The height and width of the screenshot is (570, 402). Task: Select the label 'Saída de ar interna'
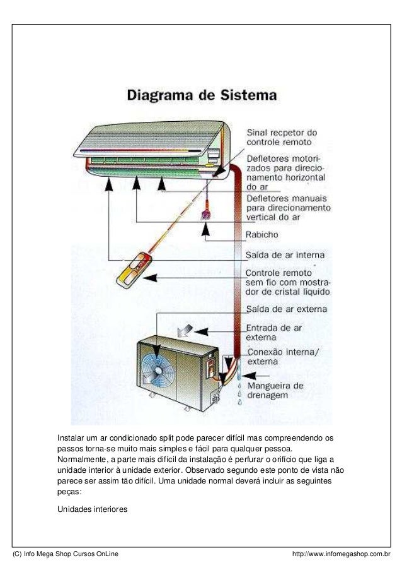285,256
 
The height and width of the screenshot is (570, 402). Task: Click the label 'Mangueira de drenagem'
275,390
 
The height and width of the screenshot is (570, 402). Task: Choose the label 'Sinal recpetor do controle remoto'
281,138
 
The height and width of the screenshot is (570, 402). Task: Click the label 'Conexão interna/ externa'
282,357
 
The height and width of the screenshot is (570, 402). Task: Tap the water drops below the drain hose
239,393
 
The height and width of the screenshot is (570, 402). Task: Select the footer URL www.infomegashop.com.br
341,554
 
